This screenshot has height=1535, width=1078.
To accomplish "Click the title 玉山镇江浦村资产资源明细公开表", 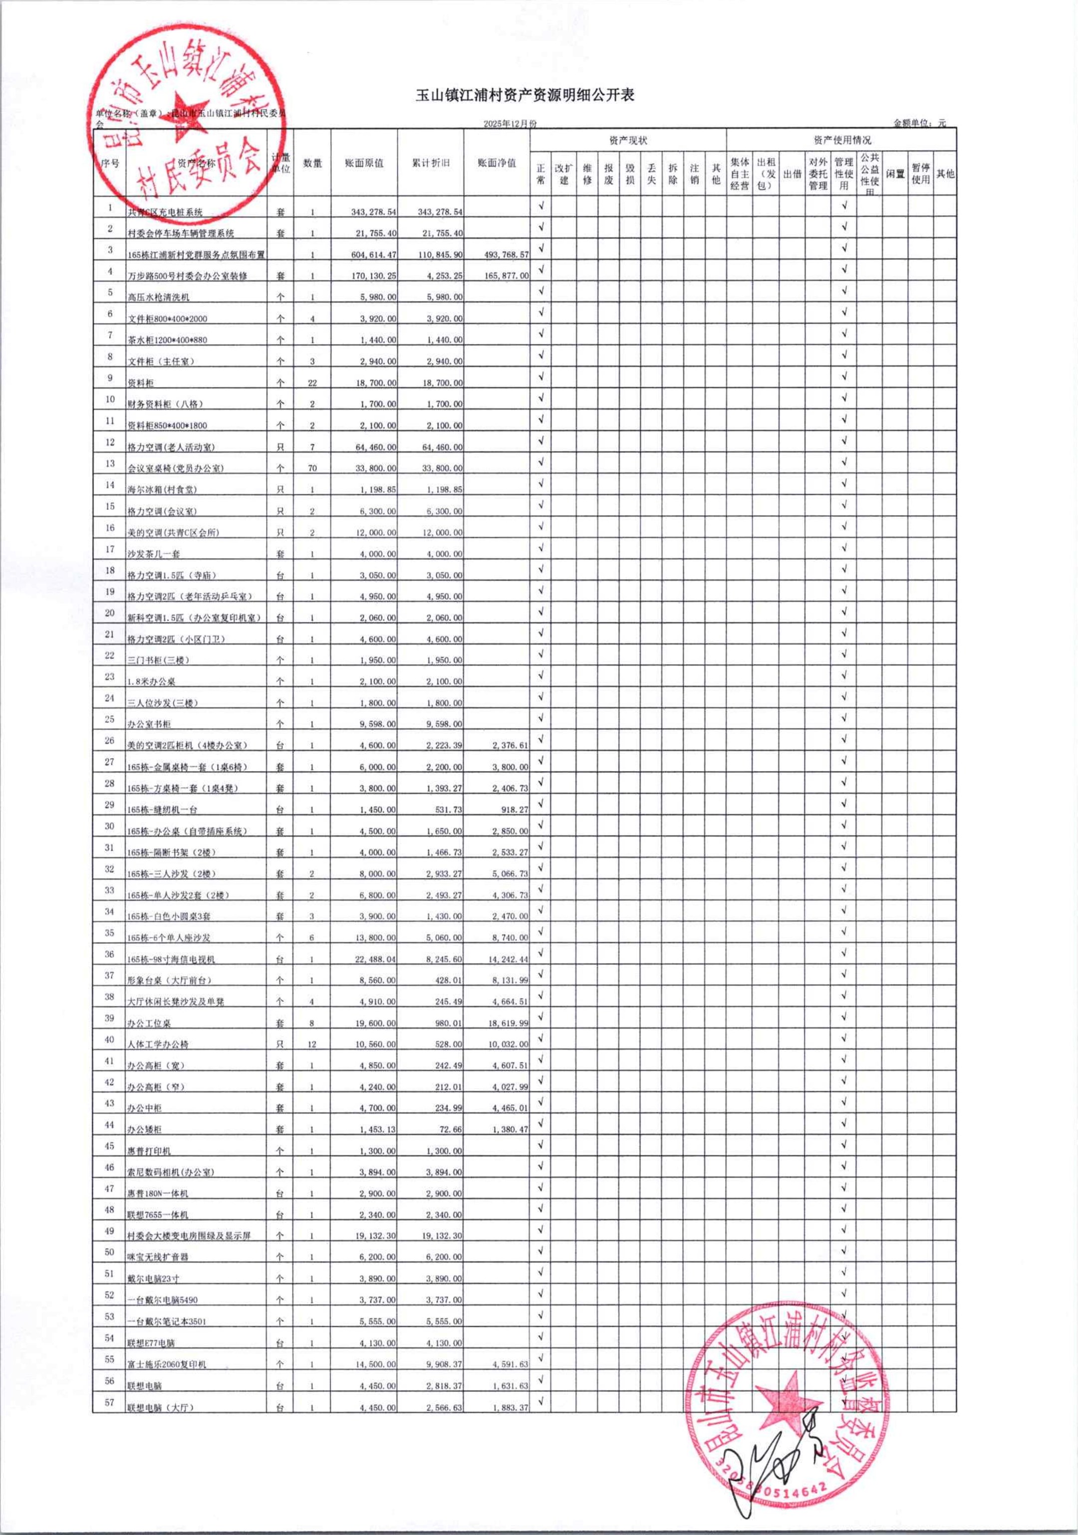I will click(x=525, y=96).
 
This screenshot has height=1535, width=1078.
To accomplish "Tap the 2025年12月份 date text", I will click(x=510, y=124).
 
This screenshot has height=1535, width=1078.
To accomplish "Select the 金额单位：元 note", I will click(x=919, y=123).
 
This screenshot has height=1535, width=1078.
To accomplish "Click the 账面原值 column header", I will click(x=364, y=163).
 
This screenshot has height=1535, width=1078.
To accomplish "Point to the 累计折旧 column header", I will click(x=431, y=163).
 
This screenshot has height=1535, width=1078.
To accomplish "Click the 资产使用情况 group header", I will click(x=842, y=140).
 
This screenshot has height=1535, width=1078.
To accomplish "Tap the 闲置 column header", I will click(x=895, y=174).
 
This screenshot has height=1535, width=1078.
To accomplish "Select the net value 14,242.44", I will click(x=506, y=959).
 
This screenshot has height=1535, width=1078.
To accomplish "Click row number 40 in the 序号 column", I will click(x=109, y=1039).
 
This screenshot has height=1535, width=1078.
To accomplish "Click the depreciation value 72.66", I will click(x=449, y=1129).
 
